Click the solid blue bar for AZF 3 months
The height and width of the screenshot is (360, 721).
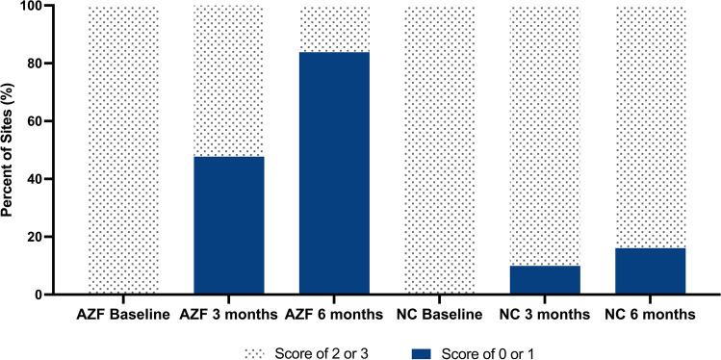pyautogui.click(x=229, y=225)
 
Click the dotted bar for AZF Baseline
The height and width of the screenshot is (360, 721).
pyautogui.click(x=123, y=150)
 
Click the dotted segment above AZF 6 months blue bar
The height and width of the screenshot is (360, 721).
pyautogui.click(x=334, y=29)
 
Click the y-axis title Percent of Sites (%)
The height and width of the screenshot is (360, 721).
pyautogui.click(x=12, y=150)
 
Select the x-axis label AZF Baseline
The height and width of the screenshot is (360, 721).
pyautogui.click(x=123, y=314)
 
